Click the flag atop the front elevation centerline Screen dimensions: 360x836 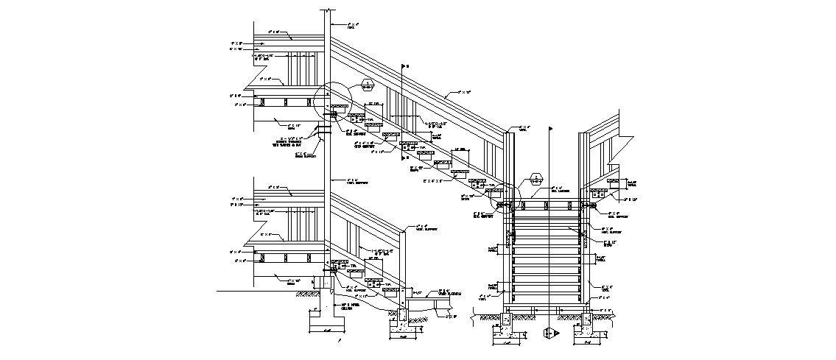point(550,129)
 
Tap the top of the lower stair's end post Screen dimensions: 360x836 point(404,230)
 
